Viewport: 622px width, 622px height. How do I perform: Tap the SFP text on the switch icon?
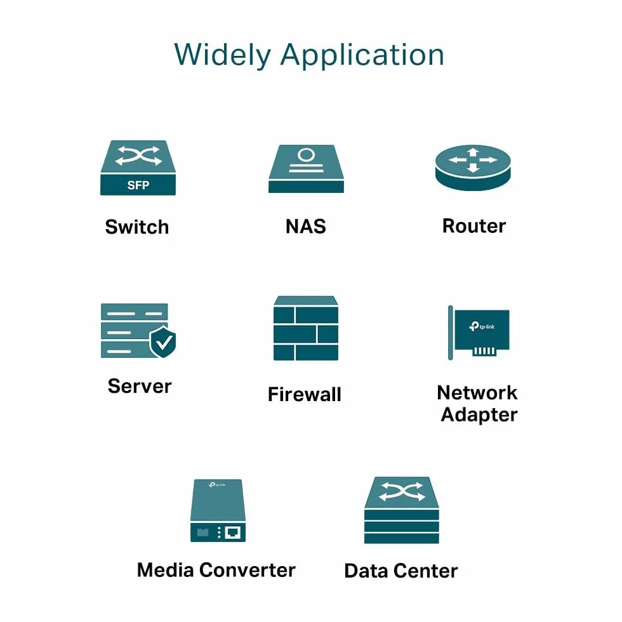[138, 185]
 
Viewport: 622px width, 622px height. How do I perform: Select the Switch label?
[137, 227]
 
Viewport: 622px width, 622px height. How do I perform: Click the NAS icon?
[306, 169]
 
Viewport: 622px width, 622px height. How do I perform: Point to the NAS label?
[306, 227]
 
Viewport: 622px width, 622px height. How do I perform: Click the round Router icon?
[473, 168]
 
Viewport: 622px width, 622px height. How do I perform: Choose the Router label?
[474, 226]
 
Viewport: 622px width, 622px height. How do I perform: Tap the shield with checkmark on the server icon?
[162, 341]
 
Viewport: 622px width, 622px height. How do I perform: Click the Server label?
[140, 386]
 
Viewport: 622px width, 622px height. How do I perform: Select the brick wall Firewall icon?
[306, 328]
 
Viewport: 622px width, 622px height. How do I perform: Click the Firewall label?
[305, 394]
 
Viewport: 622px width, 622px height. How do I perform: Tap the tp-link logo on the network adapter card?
[482, 326]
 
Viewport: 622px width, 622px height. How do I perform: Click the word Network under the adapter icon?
[477, 393]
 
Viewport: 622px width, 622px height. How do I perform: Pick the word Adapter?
[479, 415]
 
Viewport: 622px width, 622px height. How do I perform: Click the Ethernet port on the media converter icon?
[232, 533]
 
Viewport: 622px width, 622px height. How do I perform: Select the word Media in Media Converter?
[166, 570]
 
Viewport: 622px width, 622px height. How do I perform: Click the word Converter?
[248, 570]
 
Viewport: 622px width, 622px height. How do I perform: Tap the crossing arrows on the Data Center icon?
[402, 492]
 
